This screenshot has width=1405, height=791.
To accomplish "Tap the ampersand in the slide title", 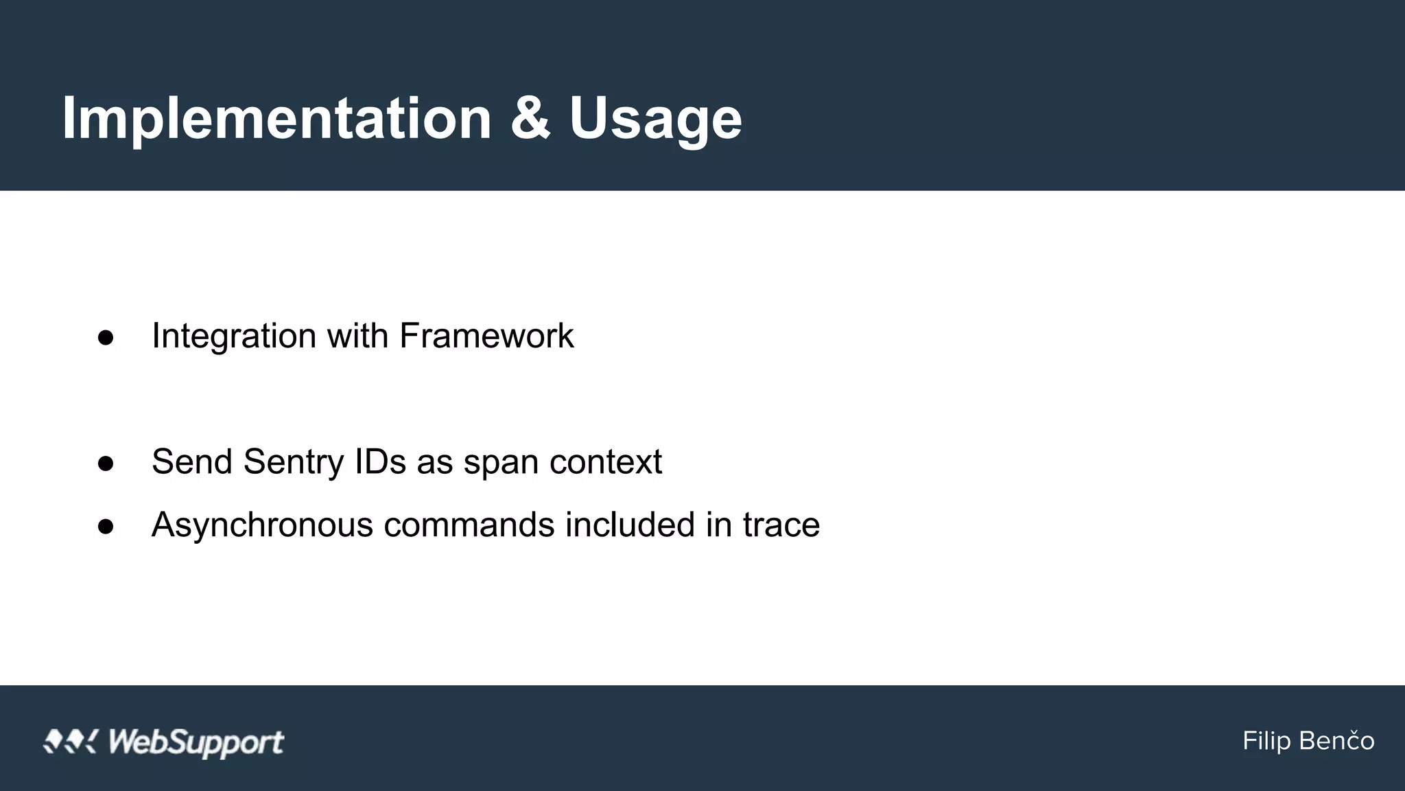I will click(x=530, y=118).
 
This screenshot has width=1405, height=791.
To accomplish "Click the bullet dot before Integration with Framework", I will click(x=106, y=337).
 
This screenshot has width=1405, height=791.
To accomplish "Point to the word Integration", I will click(x=234, y=336).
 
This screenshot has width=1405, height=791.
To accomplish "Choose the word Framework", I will click(x=486, y=336).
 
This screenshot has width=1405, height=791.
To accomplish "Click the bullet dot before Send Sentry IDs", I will click(x=106, y=463).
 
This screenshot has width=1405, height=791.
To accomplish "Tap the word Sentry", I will click(x=293, y=462).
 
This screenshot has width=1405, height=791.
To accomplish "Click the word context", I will click(x=606, y=461).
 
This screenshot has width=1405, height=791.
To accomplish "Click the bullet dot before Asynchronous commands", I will click(x=106, y=526).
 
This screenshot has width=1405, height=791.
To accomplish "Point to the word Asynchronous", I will click(x=262, y=525).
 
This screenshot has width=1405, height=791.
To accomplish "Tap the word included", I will click(x=630, y=525).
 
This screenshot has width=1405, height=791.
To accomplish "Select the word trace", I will click(x=781, y=525).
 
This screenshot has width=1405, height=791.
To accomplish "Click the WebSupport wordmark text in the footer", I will click(x=196, y=742).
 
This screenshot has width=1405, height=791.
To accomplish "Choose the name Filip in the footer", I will click(x=1266, y=741).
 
